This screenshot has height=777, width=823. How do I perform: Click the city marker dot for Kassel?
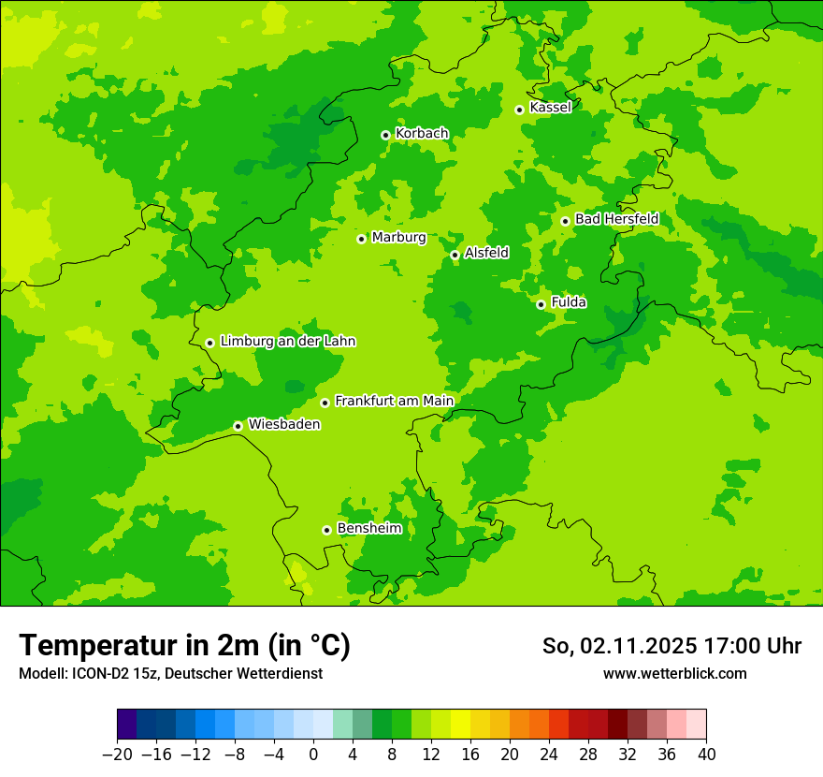pyautogui.click(x=519, y=110)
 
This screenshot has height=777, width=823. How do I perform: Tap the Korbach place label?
pyautogui.click(x=422, y=134)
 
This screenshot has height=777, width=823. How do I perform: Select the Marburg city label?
pyautogui.click(x=398, y=238)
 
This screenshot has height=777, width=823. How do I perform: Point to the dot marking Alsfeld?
pyautogui.click(x=455, y=255)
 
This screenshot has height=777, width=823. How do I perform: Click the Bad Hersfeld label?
pyautogui.click(x=616, y=219)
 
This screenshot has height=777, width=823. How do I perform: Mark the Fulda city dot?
pyautogui.click(x=541, y=304)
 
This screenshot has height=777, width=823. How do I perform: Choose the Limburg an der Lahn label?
pyautogui.click(x=288, y=342)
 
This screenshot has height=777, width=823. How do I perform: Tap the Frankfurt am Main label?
pyautogui.click(x=394, y=402)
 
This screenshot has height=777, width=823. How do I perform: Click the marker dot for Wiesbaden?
pyautogui.click(x=238, y=426)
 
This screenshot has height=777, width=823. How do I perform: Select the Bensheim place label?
pyautogui.click(x=369, y=529)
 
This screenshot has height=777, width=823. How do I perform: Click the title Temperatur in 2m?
pyautogui.click(x=185, y=646)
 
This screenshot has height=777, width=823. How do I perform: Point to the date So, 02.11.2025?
pyautogui.click(x=617, y=646)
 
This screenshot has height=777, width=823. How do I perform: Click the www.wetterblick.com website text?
pyautogui.click(x=674, y=673)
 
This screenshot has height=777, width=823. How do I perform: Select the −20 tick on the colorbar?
pyautogui.click(x=117, y=755)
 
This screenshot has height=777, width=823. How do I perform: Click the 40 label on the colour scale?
pyautogui.click(x=706, y=755)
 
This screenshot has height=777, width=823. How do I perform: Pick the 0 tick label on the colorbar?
pyautogui.click(x=313, y=755)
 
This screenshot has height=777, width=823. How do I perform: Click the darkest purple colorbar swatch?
pyautogui.click(x=126, y=725)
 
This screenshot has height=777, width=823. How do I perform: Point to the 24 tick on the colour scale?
pyautogui.click(x=549, y=755)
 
